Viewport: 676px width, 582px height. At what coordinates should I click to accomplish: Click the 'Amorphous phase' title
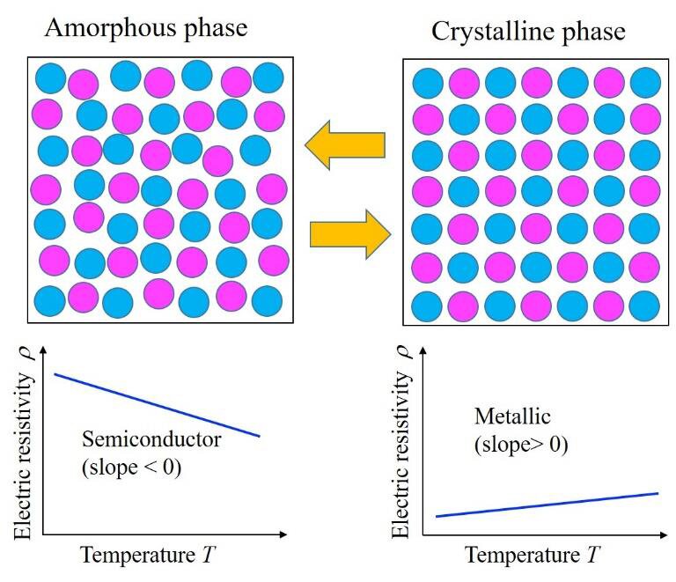pos(145,26)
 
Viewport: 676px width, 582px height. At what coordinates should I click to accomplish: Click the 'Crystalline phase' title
pos(528,32)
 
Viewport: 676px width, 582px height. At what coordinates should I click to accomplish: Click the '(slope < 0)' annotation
pos(132,468)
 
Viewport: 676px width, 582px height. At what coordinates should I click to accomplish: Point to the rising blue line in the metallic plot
pos(547,505)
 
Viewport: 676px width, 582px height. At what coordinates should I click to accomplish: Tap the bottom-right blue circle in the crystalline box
pos(644,306)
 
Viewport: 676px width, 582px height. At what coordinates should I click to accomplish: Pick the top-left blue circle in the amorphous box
pos(49,79)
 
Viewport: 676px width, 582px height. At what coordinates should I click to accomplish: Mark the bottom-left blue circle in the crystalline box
pos(428,306)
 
